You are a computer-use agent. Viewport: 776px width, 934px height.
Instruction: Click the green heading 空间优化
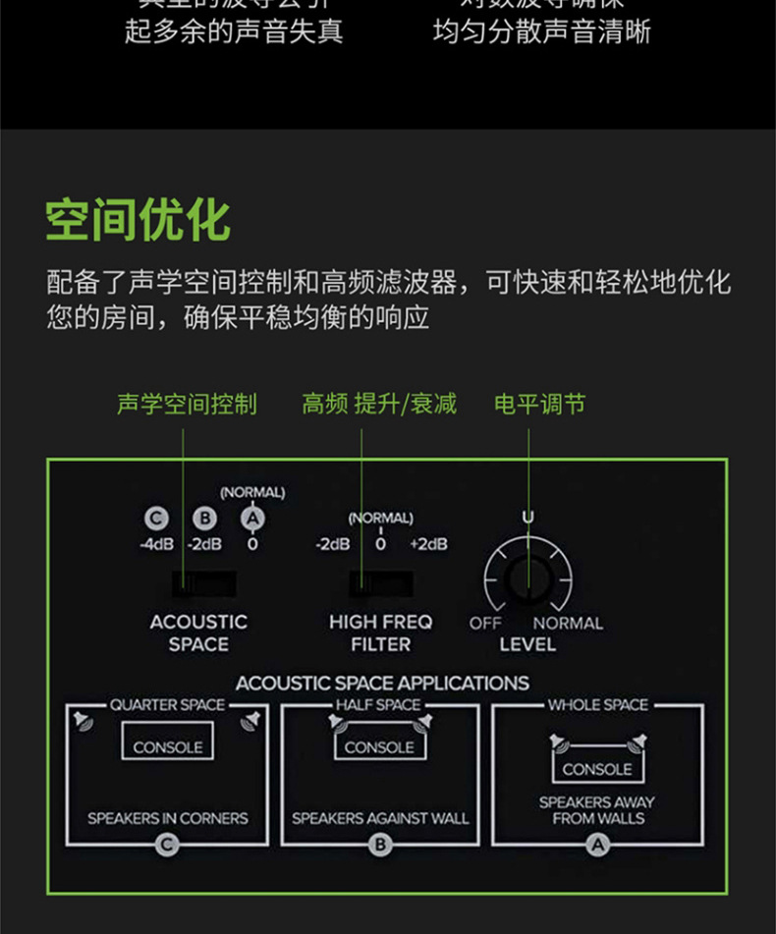(x=138, y=220)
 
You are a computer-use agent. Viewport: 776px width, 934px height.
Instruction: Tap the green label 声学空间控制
(x=187, y=404)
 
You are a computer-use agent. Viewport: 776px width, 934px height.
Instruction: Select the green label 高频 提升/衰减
(x=379, y=404)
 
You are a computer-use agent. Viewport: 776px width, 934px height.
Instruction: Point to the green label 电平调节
(x=539, y=404)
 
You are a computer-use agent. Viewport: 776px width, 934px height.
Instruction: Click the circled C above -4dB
(x=155, y=519)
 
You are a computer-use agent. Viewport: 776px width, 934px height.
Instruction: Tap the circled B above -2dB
(x=204, y=519)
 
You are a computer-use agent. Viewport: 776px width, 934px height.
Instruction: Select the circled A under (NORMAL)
(x=252, y=519)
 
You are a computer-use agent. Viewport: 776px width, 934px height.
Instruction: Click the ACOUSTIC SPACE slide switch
(x=203, y=585)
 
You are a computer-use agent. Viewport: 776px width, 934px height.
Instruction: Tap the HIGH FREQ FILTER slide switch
(x=380, y=585)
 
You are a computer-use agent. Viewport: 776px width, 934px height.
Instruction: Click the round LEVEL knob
(x=528, y=579)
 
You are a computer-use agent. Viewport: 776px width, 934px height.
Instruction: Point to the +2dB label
(x=428, y=544)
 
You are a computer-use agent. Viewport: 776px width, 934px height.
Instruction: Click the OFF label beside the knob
(x=485, y=623)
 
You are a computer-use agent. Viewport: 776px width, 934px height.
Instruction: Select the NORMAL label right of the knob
(x=568, y=623)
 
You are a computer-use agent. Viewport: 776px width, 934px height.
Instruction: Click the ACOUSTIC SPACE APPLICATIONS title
(x=382, y=683)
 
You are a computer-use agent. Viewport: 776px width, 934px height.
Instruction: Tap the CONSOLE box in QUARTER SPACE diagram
(x=168, y=746)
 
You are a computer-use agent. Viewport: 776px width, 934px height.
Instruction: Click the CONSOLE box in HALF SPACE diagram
(x=380, y=746)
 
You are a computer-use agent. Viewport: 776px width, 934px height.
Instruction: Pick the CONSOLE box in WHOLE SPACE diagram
(x=597, y=769)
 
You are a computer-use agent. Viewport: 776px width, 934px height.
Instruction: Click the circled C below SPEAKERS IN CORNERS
(x=168, y=843)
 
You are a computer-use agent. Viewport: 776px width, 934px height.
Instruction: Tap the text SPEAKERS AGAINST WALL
(x=380, y=818)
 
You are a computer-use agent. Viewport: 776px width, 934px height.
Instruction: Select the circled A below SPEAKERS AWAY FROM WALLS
(x=597, y=843)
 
